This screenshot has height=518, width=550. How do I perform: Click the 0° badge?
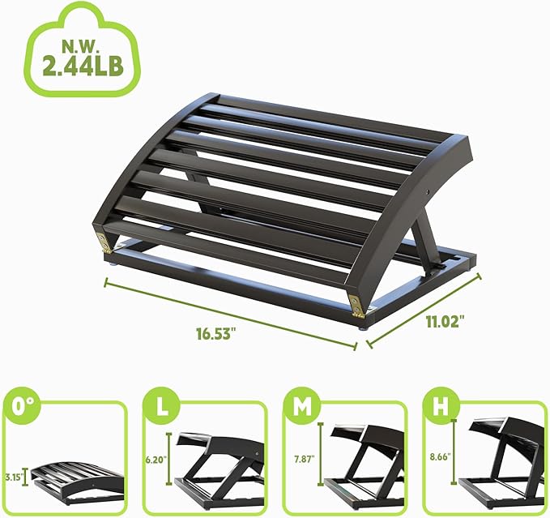tap(19, 405)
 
